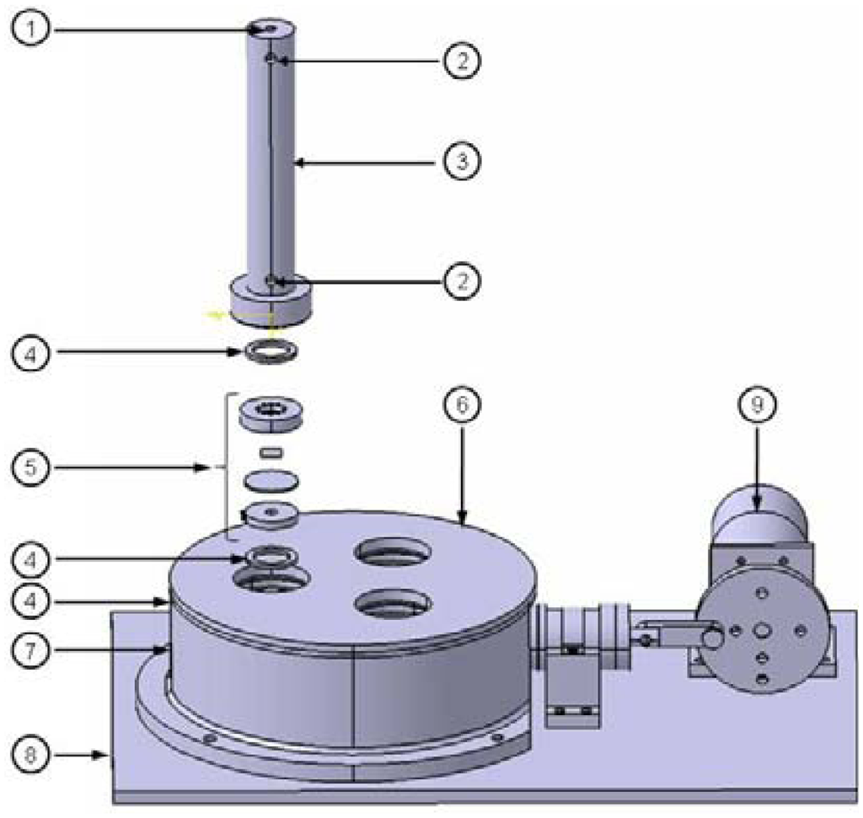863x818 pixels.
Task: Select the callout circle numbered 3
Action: coord(460,160)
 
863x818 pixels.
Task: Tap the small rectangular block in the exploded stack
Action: coord(270,453)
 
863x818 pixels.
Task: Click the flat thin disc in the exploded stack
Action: coord(270,481)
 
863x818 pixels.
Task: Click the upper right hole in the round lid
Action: coord(394,553)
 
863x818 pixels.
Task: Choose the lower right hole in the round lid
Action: coord(394,601)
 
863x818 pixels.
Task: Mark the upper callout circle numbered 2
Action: coord(460,61)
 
